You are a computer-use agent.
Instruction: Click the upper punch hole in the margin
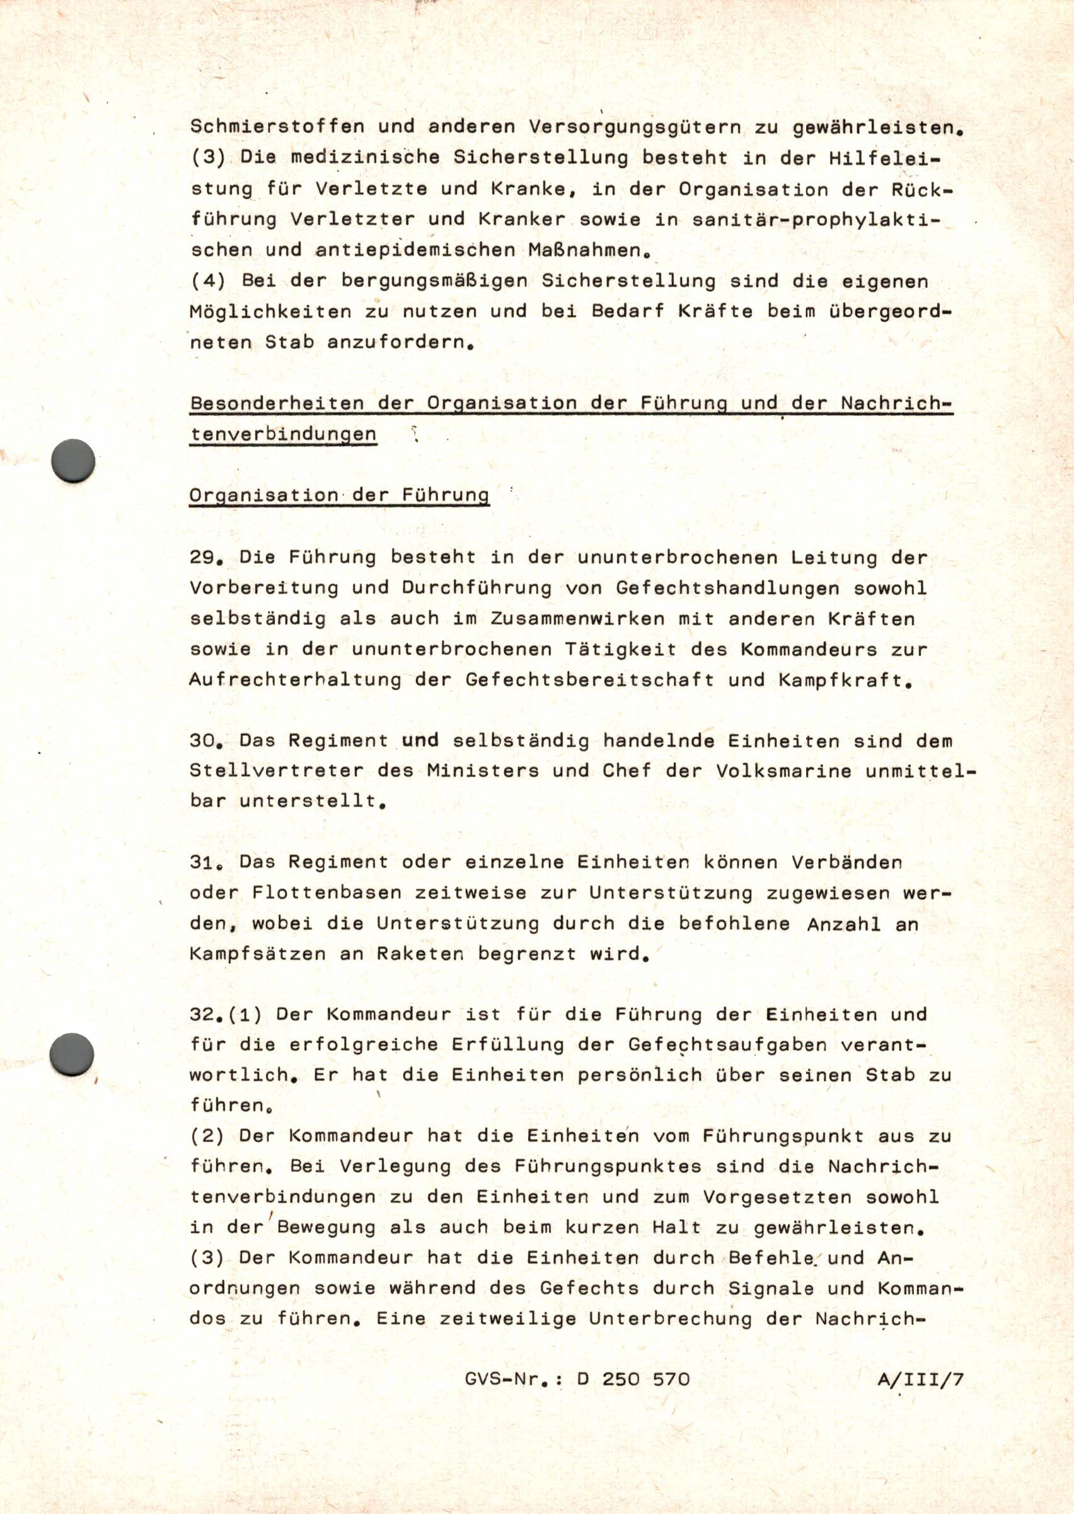click(x=73, y=461)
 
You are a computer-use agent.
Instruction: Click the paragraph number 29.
click(x=204, y=558)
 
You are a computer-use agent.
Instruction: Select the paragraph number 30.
click(x=204, y=740)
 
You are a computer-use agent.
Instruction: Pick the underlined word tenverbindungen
click(x=283, y=435)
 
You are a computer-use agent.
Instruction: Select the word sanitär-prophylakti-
click(x=815, y=220)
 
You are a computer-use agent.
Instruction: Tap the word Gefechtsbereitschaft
click(x=589, y=680)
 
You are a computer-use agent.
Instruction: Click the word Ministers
click(x=482, y=771)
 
